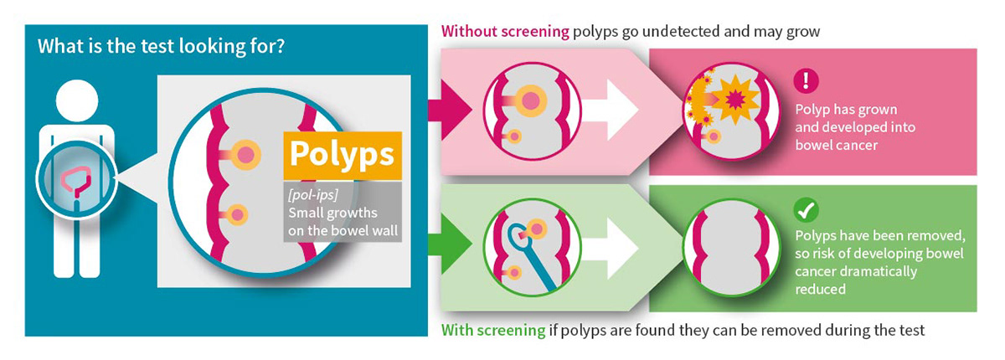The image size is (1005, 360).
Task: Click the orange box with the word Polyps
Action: point(342,156)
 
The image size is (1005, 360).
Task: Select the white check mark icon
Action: point(807,210)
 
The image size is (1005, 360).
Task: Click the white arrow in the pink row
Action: point(608,109)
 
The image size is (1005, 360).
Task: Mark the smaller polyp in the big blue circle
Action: point(238,215)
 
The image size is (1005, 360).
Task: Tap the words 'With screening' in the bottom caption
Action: point(492,330)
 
